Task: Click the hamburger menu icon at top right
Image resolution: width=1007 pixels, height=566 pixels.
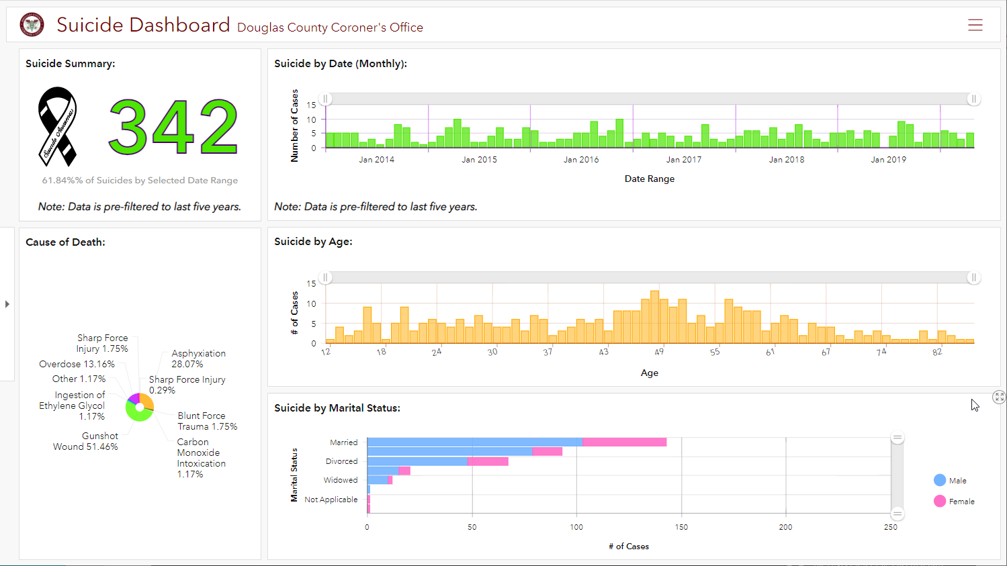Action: (x=975, y=26)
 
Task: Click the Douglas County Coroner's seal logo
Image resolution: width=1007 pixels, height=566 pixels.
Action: (x=32, y=25)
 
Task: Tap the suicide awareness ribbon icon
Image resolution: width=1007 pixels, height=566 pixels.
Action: (x=57, y=126)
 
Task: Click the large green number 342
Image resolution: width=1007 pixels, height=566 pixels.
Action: (x=173, y=127)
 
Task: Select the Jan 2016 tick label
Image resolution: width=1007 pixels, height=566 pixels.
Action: (x=581, y=160)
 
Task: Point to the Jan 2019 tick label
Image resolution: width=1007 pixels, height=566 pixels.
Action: (x=888, y=160)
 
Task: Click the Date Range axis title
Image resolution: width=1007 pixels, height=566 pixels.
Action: (x=649, y=179)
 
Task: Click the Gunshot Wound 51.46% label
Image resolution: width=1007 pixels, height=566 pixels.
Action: (x=86, y=441)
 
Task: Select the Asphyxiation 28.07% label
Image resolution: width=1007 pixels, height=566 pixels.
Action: (x=198, y=359)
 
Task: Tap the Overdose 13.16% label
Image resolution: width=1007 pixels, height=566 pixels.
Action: (x=77, y=364)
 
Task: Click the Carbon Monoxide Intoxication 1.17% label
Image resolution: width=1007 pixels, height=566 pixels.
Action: (x=201, y=458)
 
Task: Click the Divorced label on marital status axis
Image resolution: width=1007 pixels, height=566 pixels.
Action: (x=341, y=461)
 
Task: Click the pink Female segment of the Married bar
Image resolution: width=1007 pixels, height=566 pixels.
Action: (x=624, y=442)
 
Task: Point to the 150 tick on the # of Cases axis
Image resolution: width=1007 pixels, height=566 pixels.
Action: (x=681, y=527)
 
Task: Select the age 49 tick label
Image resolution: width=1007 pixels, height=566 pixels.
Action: (x=659, y=352)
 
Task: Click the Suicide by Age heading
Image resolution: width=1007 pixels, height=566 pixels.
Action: (x=313, y=242)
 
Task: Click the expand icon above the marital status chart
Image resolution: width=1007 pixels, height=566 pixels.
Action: (x=999, y=397)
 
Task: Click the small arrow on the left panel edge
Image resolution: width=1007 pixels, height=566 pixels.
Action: (x=7, y=304)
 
